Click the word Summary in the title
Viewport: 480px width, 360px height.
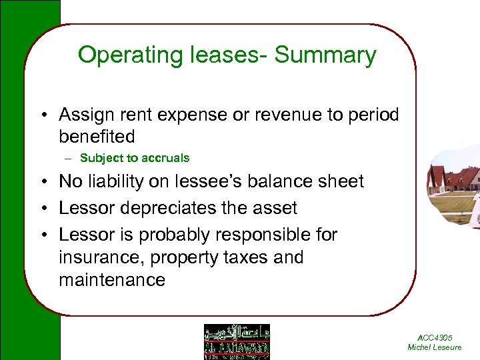pos(325,55)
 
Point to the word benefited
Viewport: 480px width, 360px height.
pos(97,137)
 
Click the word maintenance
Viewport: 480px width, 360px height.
pos(111,279)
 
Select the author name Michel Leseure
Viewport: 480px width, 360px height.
pos(434,347)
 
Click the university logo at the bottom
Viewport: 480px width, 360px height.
pos(237,341)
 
